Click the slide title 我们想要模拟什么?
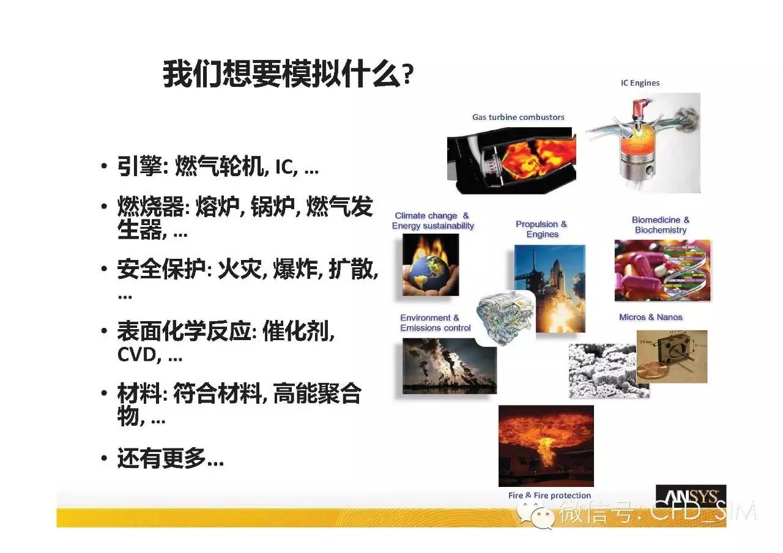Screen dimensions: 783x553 click(x=288, y=74)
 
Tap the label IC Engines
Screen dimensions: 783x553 click(x=640, y=83)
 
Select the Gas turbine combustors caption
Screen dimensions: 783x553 click(x=518, y=117)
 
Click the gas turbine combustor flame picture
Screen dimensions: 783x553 click(x=512, y=160)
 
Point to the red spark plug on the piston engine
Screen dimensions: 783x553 click(x=641, y=109)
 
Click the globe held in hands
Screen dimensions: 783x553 click(x=430, y=273)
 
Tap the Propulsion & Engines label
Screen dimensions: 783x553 click(x=541, y=229)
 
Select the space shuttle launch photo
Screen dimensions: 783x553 click(x=550, y=288)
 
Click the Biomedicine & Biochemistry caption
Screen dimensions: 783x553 click(x=661, y=225)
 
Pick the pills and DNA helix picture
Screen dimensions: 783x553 click(x=662, y=270)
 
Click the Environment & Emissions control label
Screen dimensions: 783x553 click(x=435, y=322)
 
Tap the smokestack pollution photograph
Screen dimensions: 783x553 click(x=450, y=366)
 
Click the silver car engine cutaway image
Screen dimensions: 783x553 click(x=505, y=318)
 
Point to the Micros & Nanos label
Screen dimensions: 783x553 click(x=650, y=317)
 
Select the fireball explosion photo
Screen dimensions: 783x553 click(x=546, y=446)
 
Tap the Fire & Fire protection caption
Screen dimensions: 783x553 click(x=549, y=495)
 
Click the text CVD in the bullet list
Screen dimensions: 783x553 click(x=136, y=355)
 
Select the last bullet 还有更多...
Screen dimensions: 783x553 click(x=170, y=458)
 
